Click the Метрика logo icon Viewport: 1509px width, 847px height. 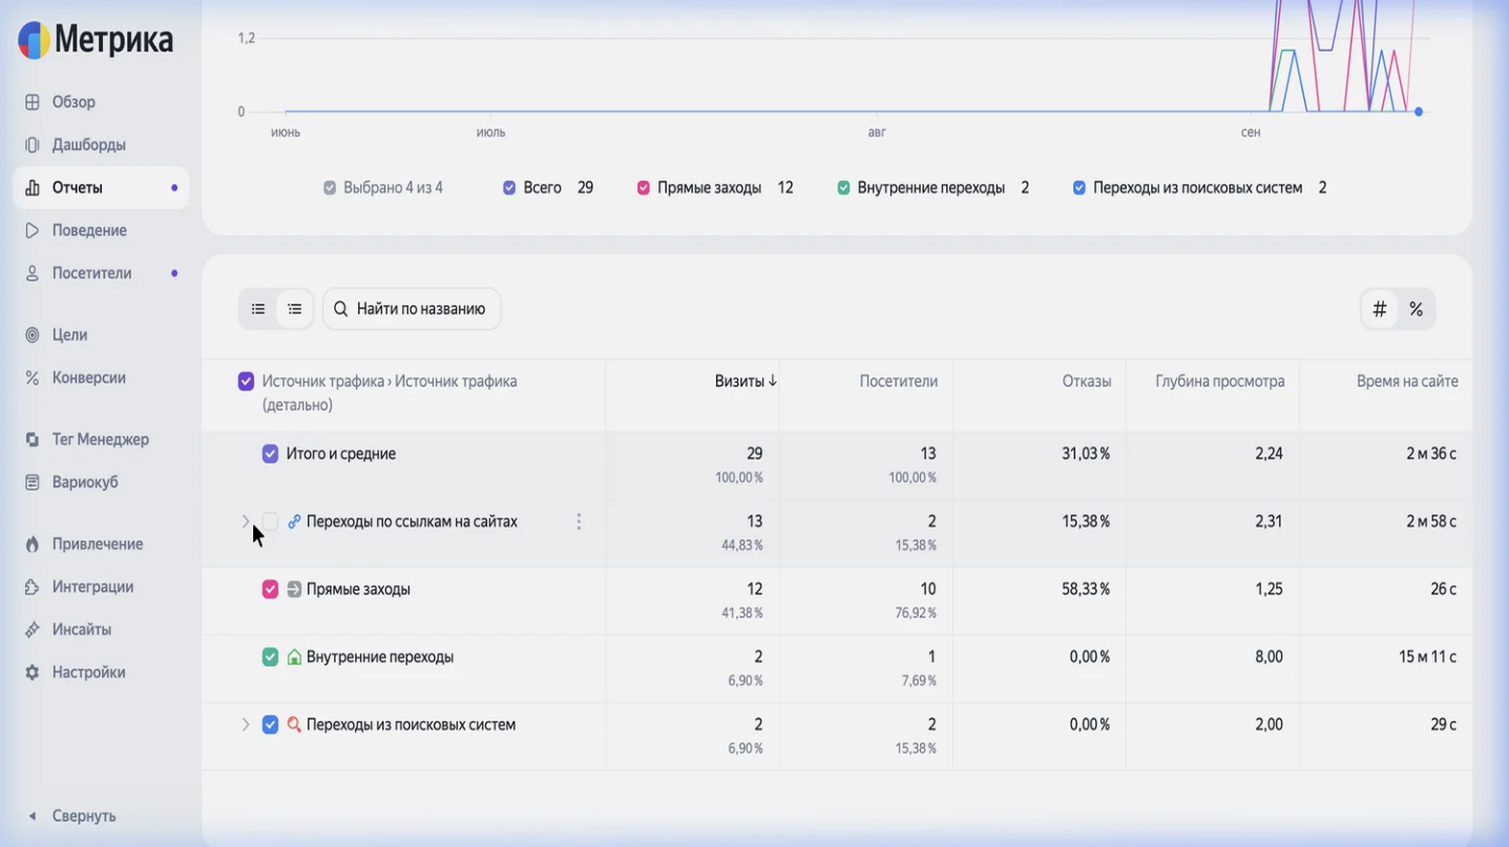coord(34,39)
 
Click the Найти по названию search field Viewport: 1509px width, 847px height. coord(412,309)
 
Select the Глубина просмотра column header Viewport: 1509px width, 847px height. coord(1220,381)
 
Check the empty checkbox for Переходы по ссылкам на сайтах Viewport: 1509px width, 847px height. coord(270,522)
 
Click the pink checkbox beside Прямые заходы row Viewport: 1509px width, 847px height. coord(270,589)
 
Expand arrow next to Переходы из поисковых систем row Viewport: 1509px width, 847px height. coord(245,725)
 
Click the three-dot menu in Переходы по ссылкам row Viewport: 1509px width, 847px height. coord(578,522)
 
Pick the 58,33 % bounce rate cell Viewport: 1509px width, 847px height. coord(1086,589)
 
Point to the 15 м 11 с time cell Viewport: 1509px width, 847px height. coord(1427,657)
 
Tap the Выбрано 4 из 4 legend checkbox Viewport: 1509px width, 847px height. coord(329,188)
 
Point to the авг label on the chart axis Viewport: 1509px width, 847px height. coord(877,133)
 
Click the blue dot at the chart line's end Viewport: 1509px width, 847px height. coord(1419,112)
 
